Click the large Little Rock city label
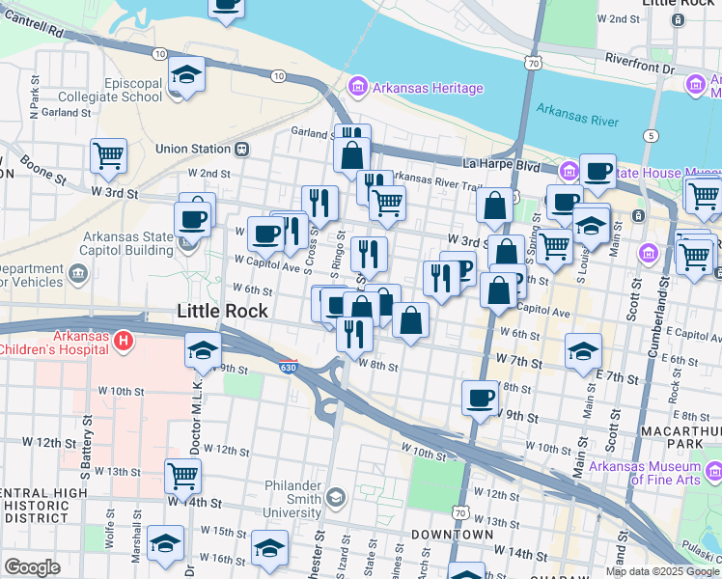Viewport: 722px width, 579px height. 223,310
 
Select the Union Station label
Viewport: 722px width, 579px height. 193,150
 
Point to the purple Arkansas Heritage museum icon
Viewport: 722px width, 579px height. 358,89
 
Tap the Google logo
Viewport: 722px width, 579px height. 31,567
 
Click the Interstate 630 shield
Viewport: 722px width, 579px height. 289,367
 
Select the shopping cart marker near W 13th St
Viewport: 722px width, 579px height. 182,474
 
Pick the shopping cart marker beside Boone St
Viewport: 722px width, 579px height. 109,154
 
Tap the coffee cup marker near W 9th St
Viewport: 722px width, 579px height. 480,397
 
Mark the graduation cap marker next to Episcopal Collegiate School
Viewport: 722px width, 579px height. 186,75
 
